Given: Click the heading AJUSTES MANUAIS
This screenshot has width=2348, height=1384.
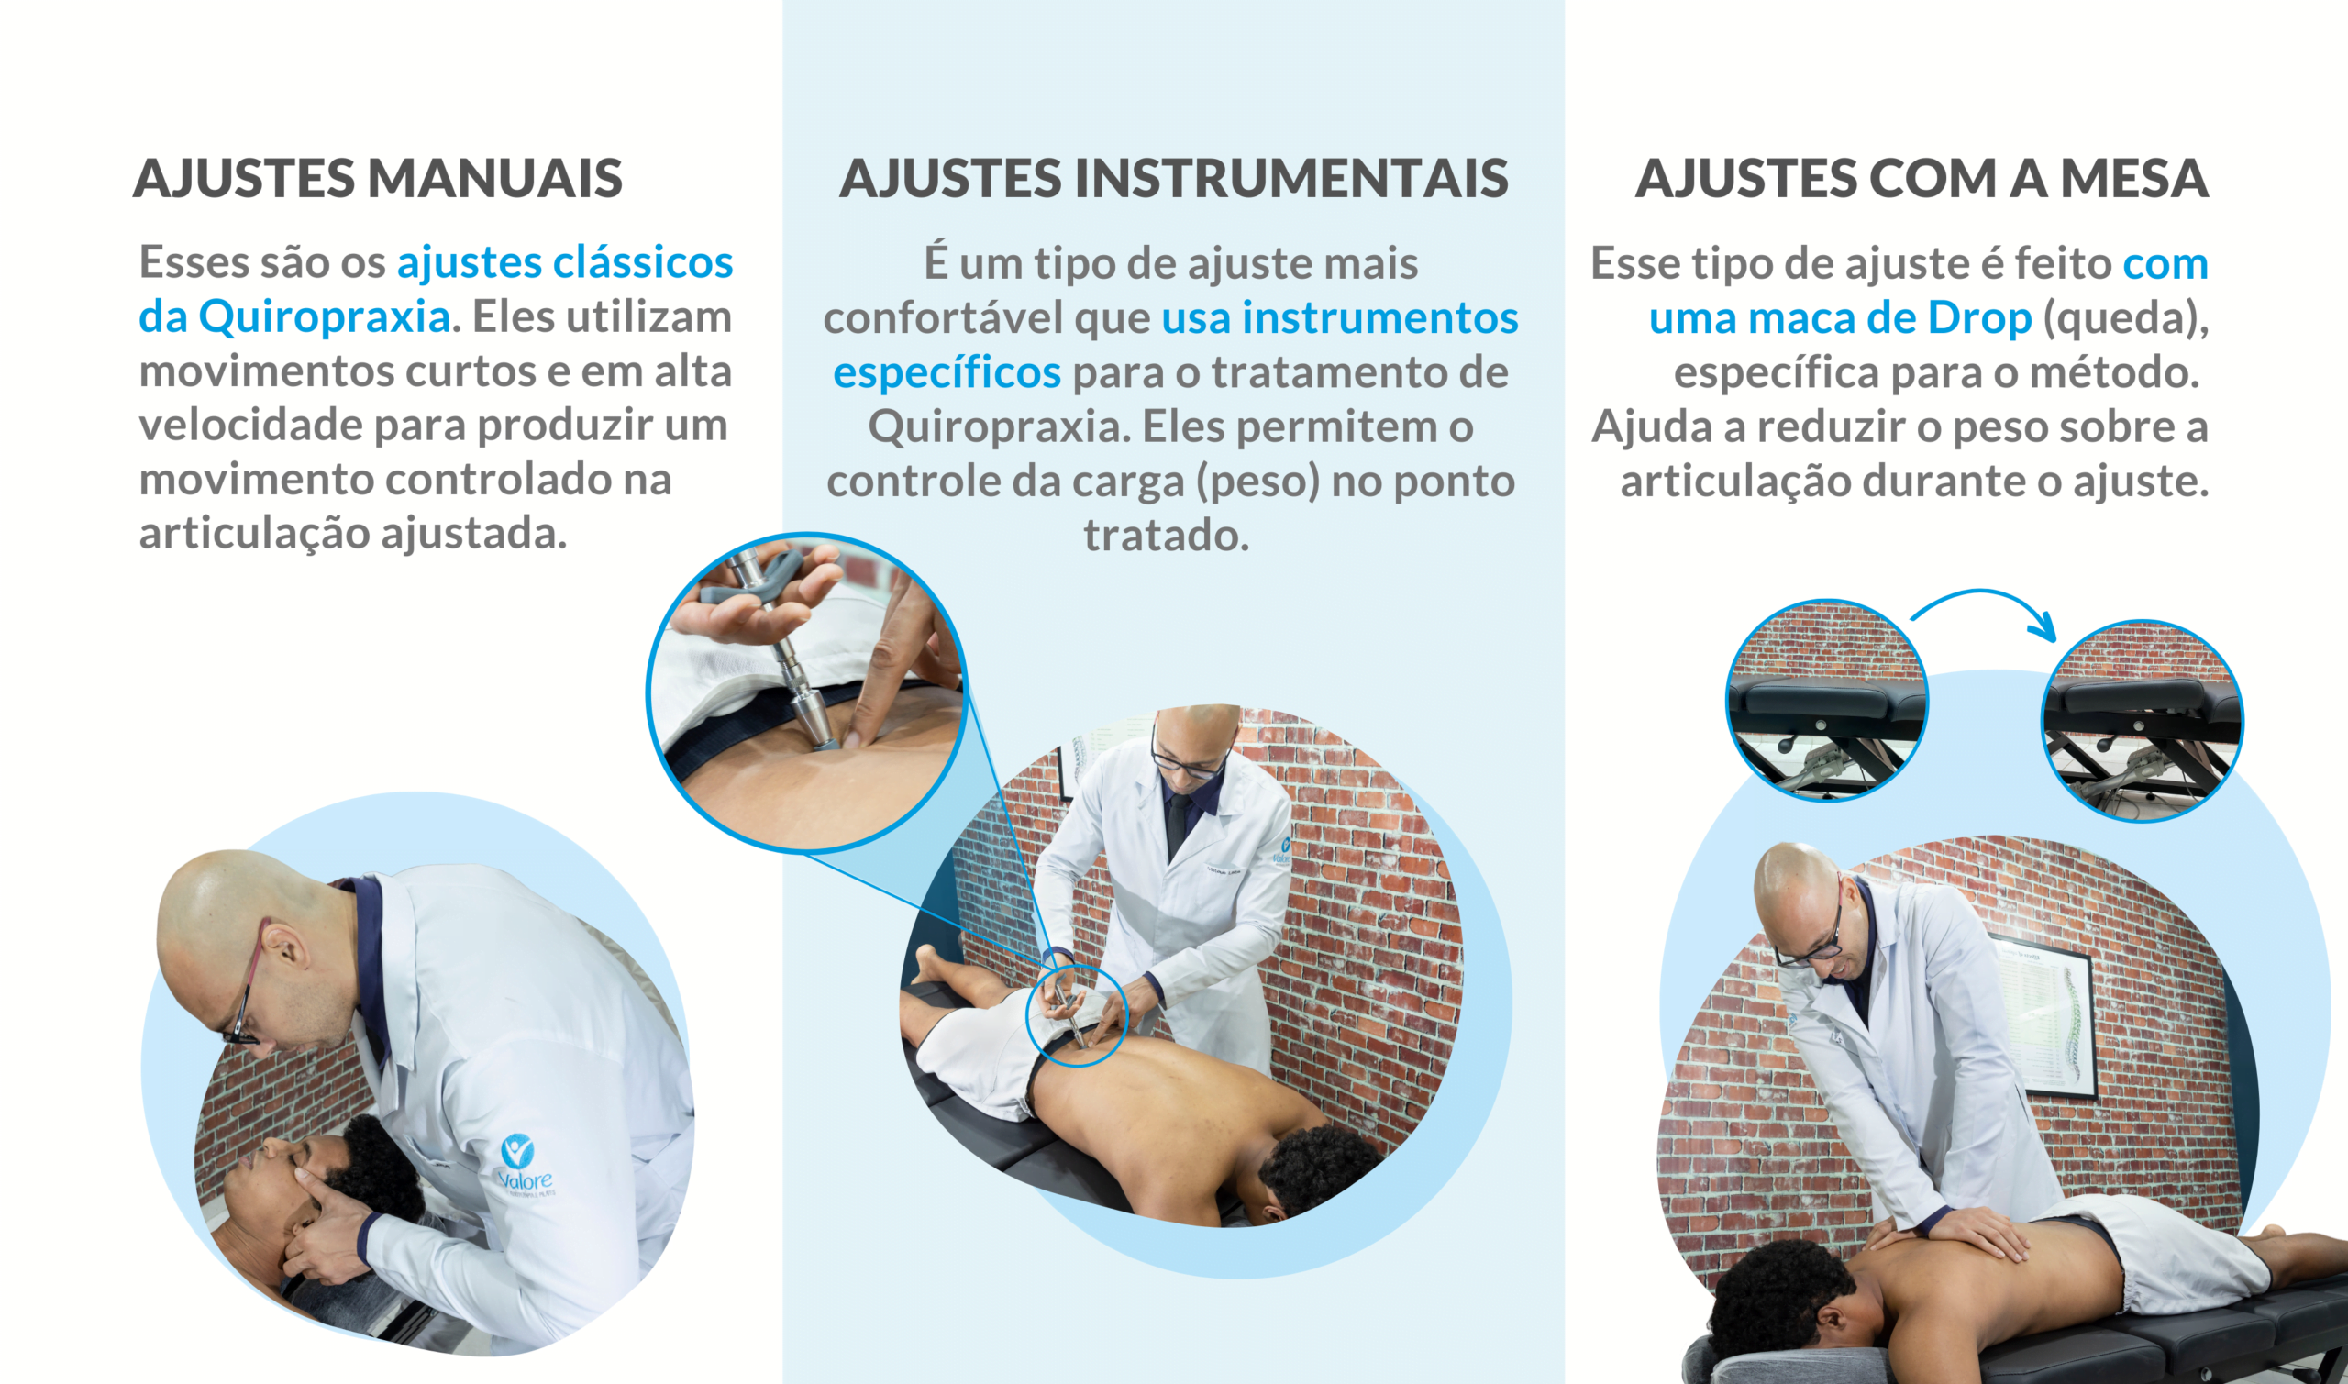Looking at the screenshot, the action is click(x=378, y=178).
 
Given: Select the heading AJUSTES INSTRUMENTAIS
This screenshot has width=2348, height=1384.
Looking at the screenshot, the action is click(x=1173, y=178).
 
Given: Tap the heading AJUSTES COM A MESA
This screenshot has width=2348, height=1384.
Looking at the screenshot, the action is click(x=1922, y=178).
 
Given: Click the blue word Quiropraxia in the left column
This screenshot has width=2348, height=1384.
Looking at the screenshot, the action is click(x=325, y=317).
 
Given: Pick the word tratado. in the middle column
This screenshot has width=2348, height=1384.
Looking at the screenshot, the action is click(x=1166, y=536).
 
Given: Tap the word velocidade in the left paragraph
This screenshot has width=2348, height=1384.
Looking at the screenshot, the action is click(x=249, y=426).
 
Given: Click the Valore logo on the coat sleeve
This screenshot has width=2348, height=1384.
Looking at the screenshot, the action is click(x=524, y=1165).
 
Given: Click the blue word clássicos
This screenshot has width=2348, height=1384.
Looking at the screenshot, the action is click(x=644, y=262).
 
